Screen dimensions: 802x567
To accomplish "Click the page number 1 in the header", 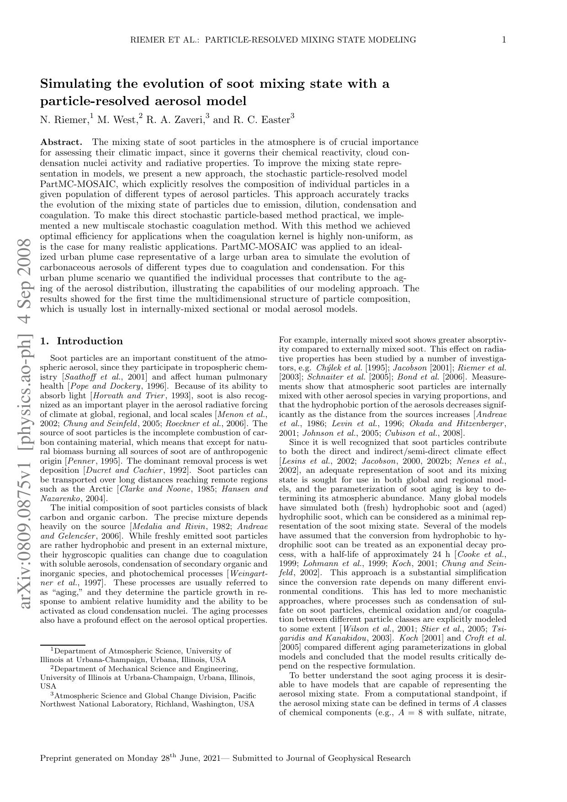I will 504,40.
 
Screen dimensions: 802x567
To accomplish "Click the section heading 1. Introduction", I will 81,341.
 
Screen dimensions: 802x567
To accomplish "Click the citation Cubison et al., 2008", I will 423,433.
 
